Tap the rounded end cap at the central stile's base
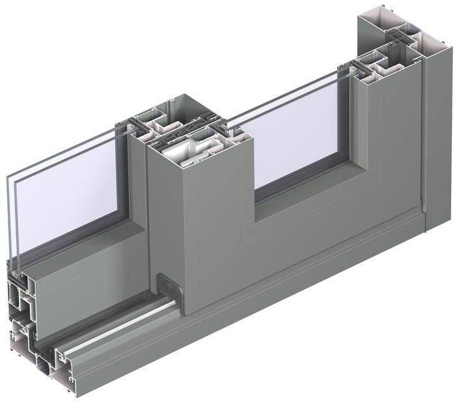tap(168, 286)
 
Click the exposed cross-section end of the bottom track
tap(33, 339)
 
